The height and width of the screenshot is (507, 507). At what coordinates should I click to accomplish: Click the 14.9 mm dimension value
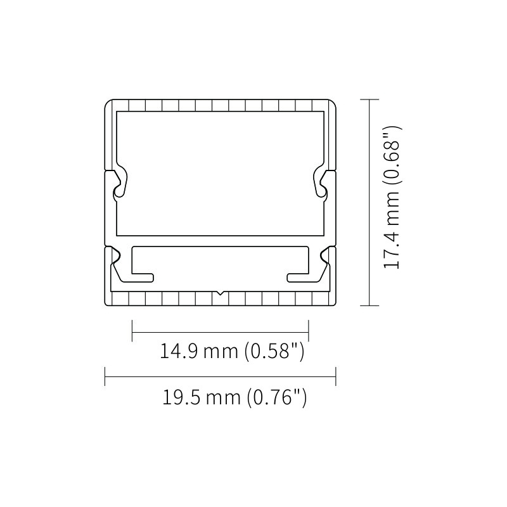[x=199, y=351]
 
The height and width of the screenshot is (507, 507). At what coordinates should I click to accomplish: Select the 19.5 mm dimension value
[x=201, y=397]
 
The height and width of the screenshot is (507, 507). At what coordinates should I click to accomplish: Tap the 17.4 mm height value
[x=391, y=230]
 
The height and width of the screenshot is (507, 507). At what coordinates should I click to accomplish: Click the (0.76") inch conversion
[x=277, y=397]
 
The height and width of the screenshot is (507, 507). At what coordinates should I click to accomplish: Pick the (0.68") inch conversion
[x=392, y=155]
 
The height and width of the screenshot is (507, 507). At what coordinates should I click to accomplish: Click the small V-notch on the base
[x=220, y=293]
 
